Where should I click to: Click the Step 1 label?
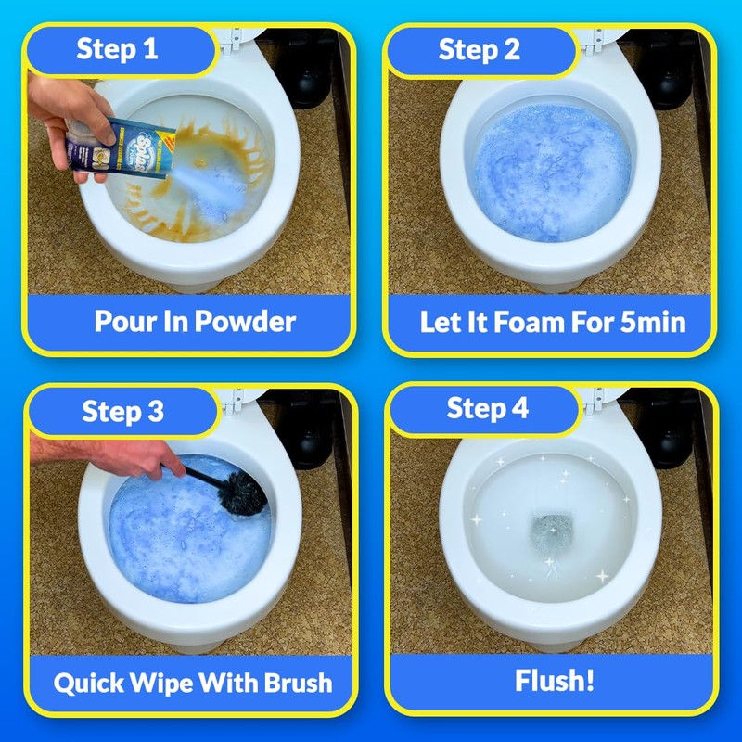pyautogui.click(x=117, y=49)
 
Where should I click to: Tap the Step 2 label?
pyautogui.click(x=479, y=50)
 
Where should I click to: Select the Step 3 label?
pyautogui.click(x=122, y=411)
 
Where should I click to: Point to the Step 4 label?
pyautogui.click(x=488, y=408)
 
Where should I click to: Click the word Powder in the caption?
pyautogui.click(x=245, y=321)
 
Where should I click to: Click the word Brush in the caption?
pyautogui.click(x=298, y=683)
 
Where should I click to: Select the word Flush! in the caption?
pyautogui.click(x=554, y=681)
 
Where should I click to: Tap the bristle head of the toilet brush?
pyautogui.click(x=242, y=493)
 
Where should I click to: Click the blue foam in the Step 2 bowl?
pyautogui.click(x=551, y=173)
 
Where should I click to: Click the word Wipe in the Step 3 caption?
pyautogui.click(x=160, y=684)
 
